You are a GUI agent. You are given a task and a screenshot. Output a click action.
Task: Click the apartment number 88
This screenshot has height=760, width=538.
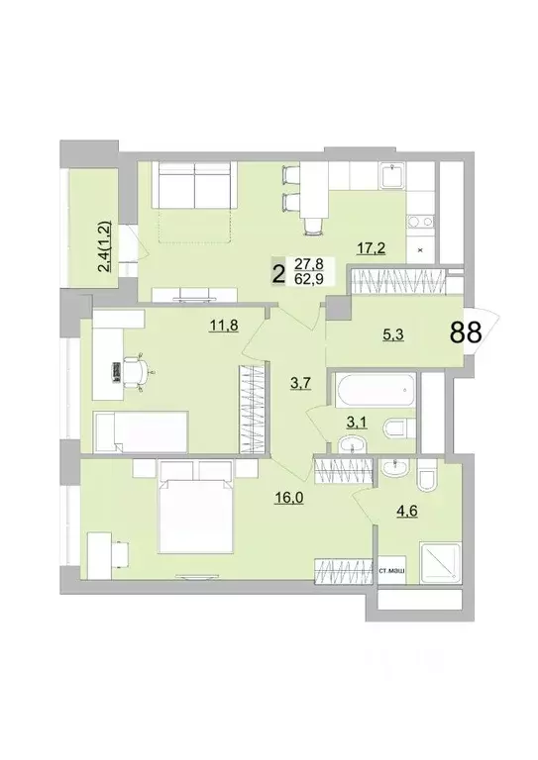[x=466, y=332]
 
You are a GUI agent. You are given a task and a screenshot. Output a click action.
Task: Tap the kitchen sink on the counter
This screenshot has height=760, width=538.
[x=392, y=178]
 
